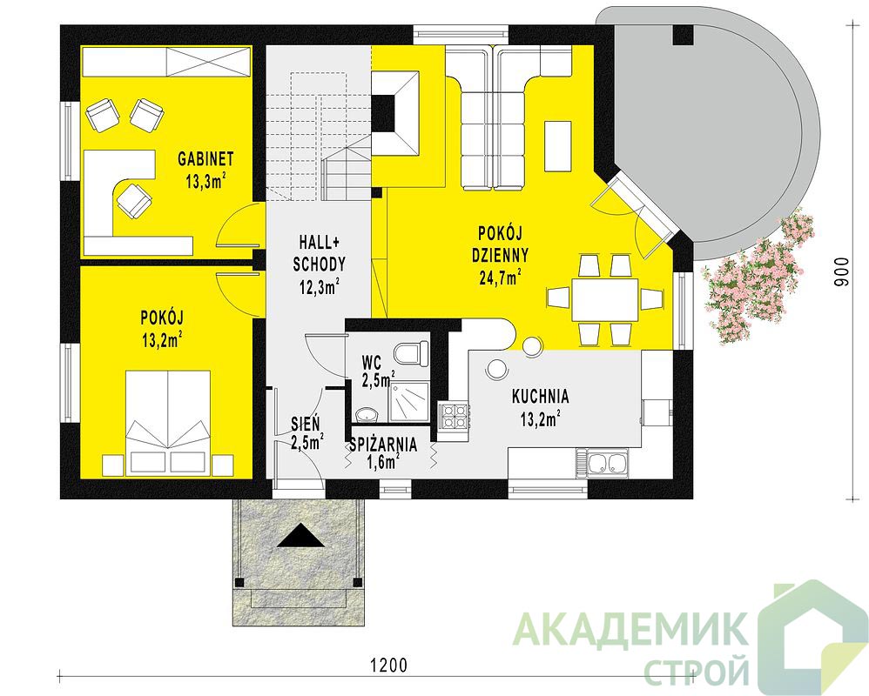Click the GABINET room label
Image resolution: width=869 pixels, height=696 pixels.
[x=205, y=158]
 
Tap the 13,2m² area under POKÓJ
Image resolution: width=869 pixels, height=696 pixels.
[x=163, y=339]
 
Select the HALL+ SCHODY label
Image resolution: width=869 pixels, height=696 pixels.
[x=319, y=253]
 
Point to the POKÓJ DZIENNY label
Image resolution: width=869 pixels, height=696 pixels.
[x=500, y=244]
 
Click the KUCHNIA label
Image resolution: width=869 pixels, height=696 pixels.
[x=541, y=397]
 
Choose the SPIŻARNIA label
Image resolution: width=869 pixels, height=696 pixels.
[x=383, y=444]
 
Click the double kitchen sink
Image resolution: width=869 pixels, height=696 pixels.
[x=603, y=463]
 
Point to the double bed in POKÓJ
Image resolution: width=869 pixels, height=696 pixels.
[x=168, y=423]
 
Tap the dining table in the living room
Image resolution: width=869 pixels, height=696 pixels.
[x=605, y=299]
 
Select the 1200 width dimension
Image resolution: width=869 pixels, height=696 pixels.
[x=388, y=664]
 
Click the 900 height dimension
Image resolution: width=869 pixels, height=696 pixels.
[x=841, y=271]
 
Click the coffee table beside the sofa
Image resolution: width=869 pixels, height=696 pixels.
[x=558, y=146]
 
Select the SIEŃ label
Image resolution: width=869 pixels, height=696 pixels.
[x=306, y=424]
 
